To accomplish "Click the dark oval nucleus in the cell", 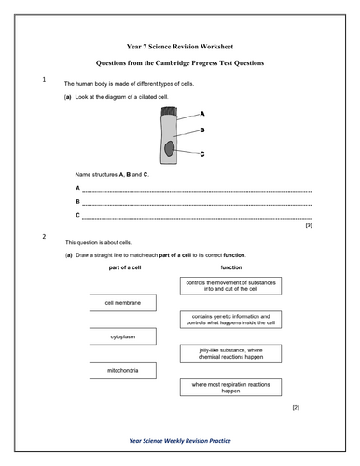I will (x=169, y=148).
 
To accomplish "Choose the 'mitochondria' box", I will (x=121, y=371).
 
